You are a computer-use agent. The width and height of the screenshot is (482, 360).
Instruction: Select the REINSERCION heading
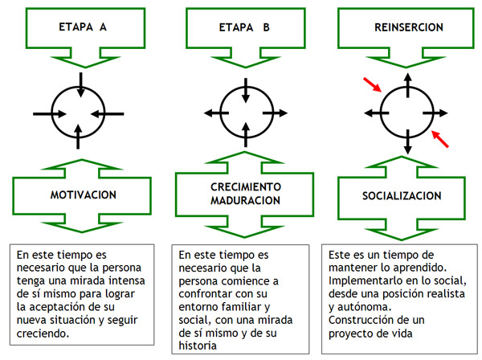coord(409,26)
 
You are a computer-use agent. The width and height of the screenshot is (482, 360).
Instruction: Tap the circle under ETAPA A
coord(78,112)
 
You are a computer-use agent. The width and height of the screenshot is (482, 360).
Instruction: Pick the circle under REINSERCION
coord(409,112)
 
